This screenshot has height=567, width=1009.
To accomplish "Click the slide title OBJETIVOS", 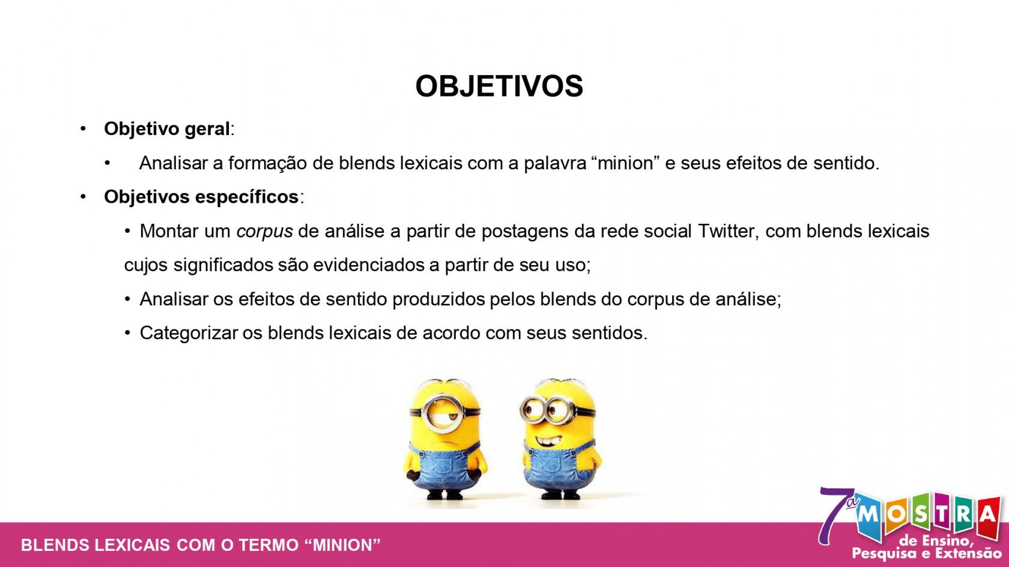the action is (499, 86).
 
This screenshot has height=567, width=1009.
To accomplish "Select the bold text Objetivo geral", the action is (167, 129).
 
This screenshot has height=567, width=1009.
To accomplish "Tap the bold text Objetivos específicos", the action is (201, 197).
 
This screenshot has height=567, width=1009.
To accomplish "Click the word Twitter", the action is (725, 231).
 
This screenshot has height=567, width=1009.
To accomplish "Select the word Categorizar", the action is (189, 333).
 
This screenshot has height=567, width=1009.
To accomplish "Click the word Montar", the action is (169, 231).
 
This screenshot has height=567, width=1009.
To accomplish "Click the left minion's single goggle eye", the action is (444, 413).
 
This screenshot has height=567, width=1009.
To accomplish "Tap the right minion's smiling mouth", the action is (547, 439).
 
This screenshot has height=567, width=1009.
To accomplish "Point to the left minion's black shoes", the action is (444, 494).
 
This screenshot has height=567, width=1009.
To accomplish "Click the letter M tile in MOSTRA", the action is (870, 516).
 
